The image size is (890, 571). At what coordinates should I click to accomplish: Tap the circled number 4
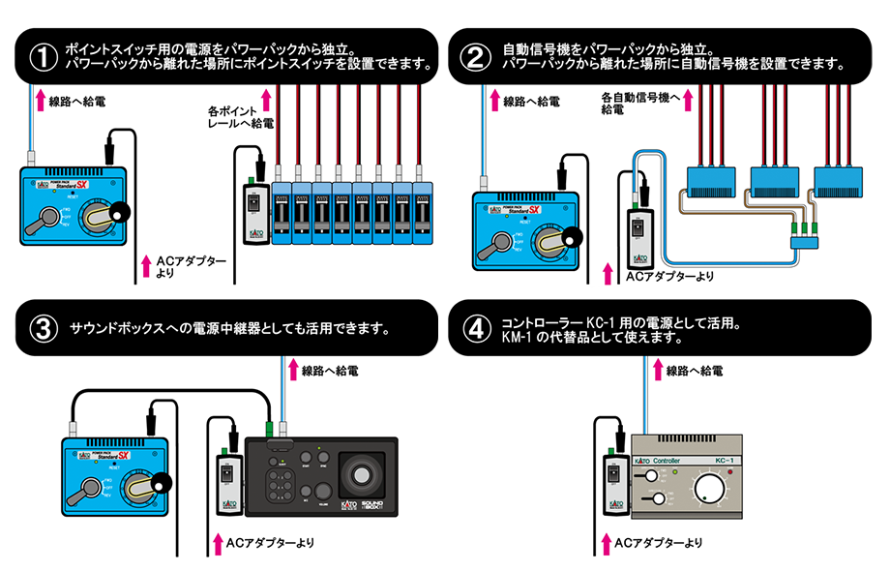point(474,328)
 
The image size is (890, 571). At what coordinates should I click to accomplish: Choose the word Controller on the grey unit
point(674,461)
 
